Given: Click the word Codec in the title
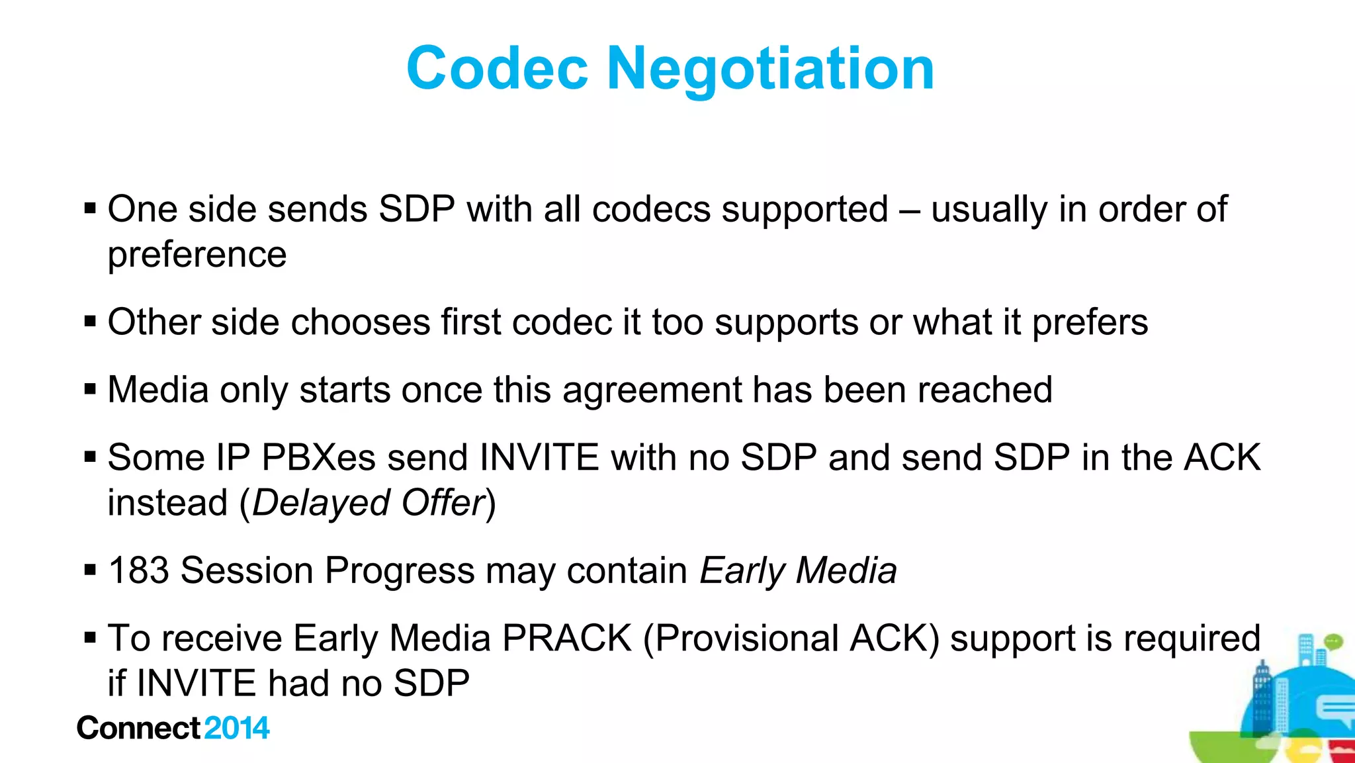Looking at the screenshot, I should pyautogui.click(x=497, y=68).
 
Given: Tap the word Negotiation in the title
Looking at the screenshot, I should pyautogui.click(x=770, y=68).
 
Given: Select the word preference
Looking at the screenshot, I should pyautogui.click(x=197, y=255).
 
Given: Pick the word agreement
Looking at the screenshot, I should pyautogui.click(x=652, y=390).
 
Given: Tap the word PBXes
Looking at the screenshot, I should pyautogui.click(x=319, y=458).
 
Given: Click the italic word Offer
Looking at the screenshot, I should pyautogui.click(x=444, y=503).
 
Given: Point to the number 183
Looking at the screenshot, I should pyautogui.click(x=139, y=570).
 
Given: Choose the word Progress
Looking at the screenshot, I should pyautogui.click(x=400, y=572).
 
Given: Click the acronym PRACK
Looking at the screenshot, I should pyautogui.click(x=567, y=639).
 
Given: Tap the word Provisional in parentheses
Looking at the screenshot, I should pyautogui.click(x=747, y=639).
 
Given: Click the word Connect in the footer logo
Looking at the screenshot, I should pyautogui.click(x=138, y=728).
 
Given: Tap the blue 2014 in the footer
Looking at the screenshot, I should pyautogui.click(x=237, y=728).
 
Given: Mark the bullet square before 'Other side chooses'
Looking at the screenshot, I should pyautogui.click(x=91, y=322).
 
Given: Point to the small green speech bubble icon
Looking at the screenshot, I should pyautogui.click(x=1334, y=641).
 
